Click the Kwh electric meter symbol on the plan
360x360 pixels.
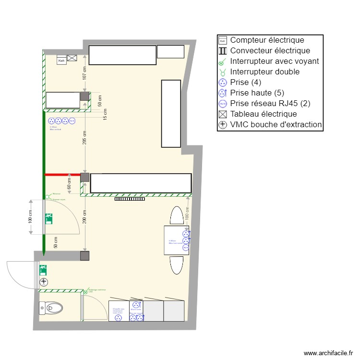coord(61,60)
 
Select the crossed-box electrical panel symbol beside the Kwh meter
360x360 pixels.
coord(72,58)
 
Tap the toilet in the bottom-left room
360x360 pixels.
coord(51,307)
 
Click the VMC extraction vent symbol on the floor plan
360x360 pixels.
coord(44,282)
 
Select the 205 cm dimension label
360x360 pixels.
coord(84,138)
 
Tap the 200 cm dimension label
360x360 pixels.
coord(84,217)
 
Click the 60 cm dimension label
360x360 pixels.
coord(69,183)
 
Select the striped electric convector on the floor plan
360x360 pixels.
coord(129,198)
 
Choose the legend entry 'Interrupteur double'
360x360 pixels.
coord(264,72)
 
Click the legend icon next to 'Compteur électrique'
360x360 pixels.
coord(222,40)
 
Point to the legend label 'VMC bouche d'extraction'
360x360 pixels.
coord(276,124)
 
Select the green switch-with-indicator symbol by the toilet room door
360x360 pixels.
coord(86,291)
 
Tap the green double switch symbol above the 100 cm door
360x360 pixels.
coord(48,196)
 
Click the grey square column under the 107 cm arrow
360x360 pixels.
coord(84,96)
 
